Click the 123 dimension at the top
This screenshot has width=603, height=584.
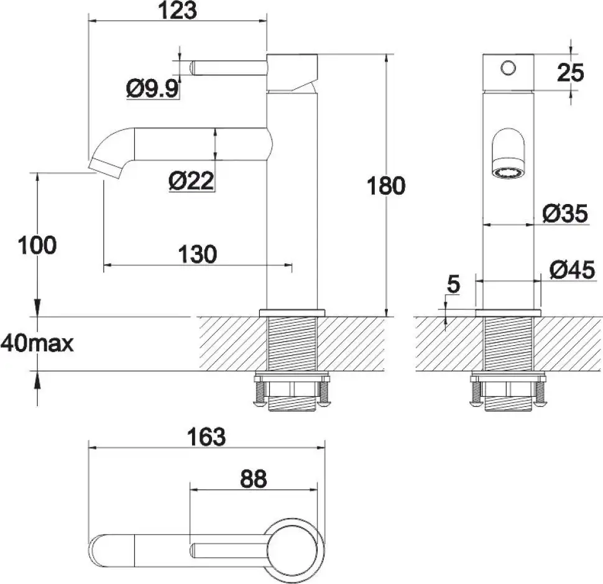tap(177, 10)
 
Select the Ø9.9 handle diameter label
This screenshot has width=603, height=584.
tap(153, 90)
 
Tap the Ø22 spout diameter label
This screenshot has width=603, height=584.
tap(191, 181)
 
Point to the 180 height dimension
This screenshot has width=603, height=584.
tap(386, 186)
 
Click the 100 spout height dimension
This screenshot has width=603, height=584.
tap(37, 245)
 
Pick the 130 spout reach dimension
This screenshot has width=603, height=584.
tap(198, 254)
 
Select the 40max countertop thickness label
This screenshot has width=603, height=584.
tap(37, 343)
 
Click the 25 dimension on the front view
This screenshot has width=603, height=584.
tap(570, 73)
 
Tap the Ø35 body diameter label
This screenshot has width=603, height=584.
tap(564, 214)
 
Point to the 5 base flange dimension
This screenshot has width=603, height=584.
tap(453, 285)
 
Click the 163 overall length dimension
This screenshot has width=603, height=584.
tap(206, 437)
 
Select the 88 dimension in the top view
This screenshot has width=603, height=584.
tap(253, 479)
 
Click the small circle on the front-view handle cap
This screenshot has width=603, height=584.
tap(509, 67)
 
